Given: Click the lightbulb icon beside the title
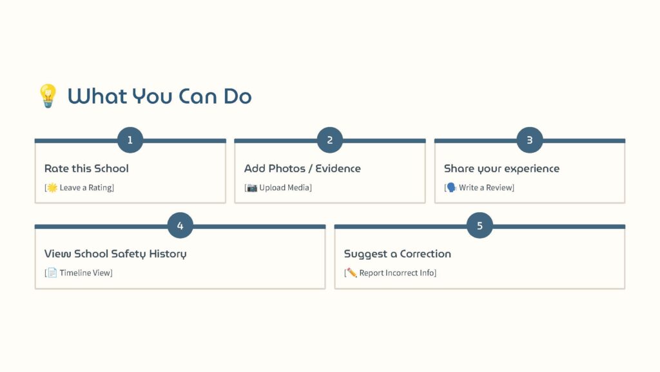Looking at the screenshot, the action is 48,95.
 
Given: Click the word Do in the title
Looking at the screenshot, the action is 237,96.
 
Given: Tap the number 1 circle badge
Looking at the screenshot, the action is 130,140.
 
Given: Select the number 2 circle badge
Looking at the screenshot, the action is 329,140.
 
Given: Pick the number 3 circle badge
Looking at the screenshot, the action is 530,140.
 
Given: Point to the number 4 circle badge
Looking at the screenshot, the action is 180,226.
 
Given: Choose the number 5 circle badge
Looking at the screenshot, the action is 480,226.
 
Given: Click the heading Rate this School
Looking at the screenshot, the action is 86,168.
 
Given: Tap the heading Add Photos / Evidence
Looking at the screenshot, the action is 302,168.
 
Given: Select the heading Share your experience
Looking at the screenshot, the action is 501,169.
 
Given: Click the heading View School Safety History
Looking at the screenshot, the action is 115,254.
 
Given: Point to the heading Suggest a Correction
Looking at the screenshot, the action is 397,254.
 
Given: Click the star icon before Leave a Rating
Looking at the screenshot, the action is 52,188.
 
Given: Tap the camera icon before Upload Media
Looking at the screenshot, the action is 252,188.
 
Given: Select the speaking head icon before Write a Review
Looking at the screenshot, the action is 451,188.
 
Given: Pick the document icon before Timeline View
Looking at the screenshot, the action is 52,273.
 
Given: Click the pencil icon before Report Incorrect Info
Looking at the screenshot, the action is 351,273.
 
